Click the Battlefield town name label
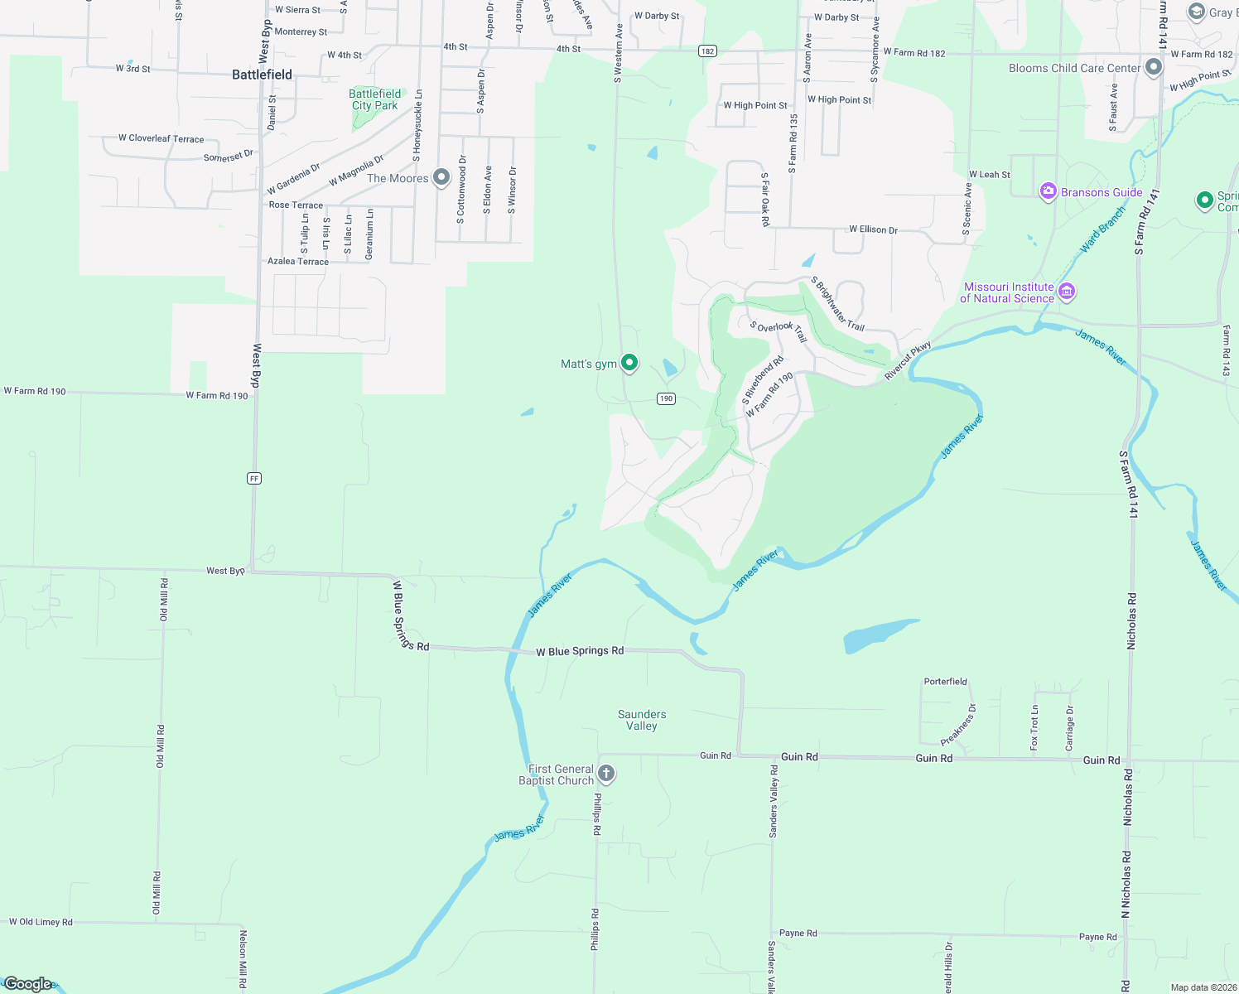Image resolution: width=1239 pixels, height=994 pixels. [262, 75]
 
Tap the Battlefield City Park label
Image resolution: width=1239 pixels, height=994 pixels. [374, 99]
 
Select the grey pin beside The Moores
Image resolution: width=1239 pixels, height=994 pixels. [441, 176]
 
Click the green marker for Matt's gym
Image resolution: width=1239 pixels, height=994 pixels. [629, 363]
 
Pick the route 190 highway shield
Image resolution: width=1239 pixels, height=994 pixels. [666, 398]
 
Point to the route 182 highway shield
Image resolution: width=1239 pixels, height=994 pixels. [706, 51]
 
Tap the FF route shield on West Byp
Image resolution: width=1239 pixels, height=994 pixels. [254, 478]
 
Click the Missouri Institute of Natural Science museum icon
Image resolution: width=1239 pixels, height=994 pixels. [1067, 292]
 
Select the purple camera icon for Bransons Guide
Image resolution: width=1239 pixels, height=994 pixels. [1049, 192]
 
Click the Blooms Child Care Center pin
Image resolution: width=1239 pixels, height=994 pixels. [1154, 68]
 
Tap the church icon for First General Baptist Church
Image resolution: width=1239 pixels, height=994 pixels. [606, 774]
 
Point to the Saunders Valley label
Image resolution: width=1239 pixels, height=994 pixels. [642, 720]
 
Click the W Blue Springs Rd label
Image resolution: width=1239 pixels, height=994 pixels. [580, 651]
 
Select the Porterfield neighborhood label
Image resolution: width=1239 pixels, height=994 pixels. [945, 682]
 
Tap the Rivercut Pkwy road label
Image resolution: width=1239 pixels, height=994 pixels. [908, 360]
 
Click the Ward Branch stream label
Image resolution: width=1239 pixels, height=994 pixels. [1102, 230]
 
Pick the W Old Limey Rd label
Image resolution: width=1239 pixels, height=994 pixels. [41, 922]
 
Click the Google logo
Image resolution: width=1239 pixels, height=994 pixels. [27, 984]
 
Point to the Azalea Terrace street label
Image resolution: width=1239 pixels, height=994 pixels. [298, 261]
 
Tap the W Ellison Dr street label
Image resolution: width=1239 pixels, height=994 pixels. [873, 229]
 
